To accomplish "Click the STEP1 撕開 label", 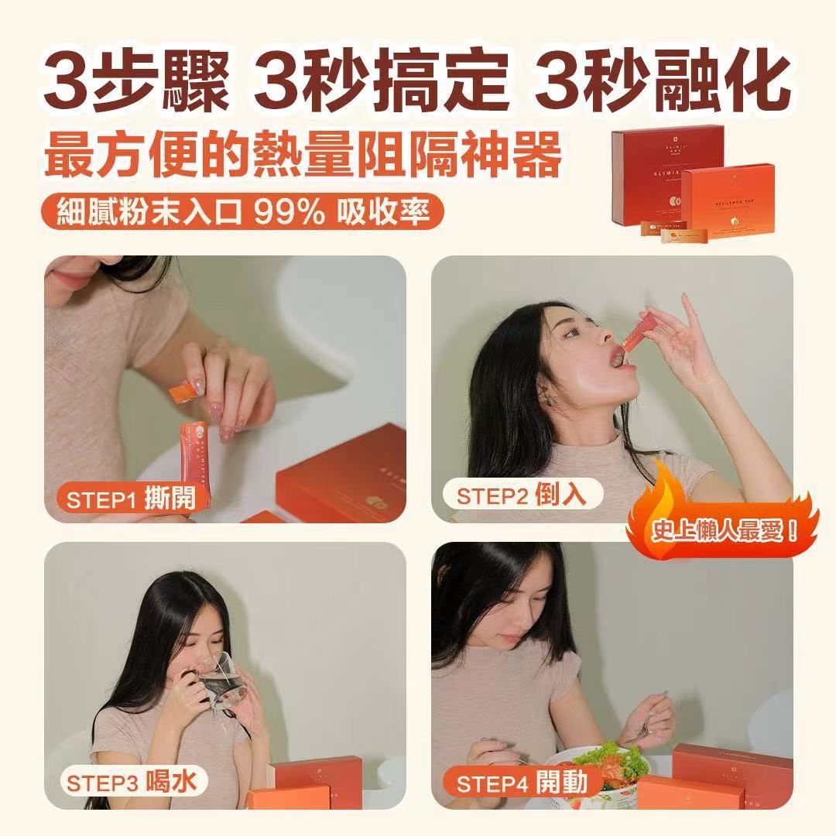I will [x=130, y=499].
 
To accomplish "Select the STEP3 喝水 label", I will [x=130, y=781].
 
